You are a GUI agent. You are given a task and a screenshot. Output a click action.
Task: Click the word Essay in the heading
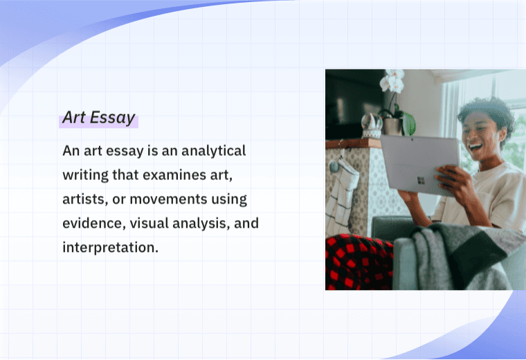click(x=113, y=118)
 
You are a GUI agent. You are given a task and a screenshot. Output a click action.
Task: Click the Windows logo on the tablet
click(x=420, y=179)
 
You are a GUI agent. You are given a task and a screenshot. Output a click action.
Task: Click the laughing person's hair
click(x=487, y=111)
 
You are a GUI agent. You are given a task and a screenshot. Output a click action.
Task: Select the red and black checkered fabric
click(x=356, y=262)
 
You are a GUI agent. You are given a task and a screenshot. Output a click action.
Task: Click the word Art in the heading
click(x=73, y=118)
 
